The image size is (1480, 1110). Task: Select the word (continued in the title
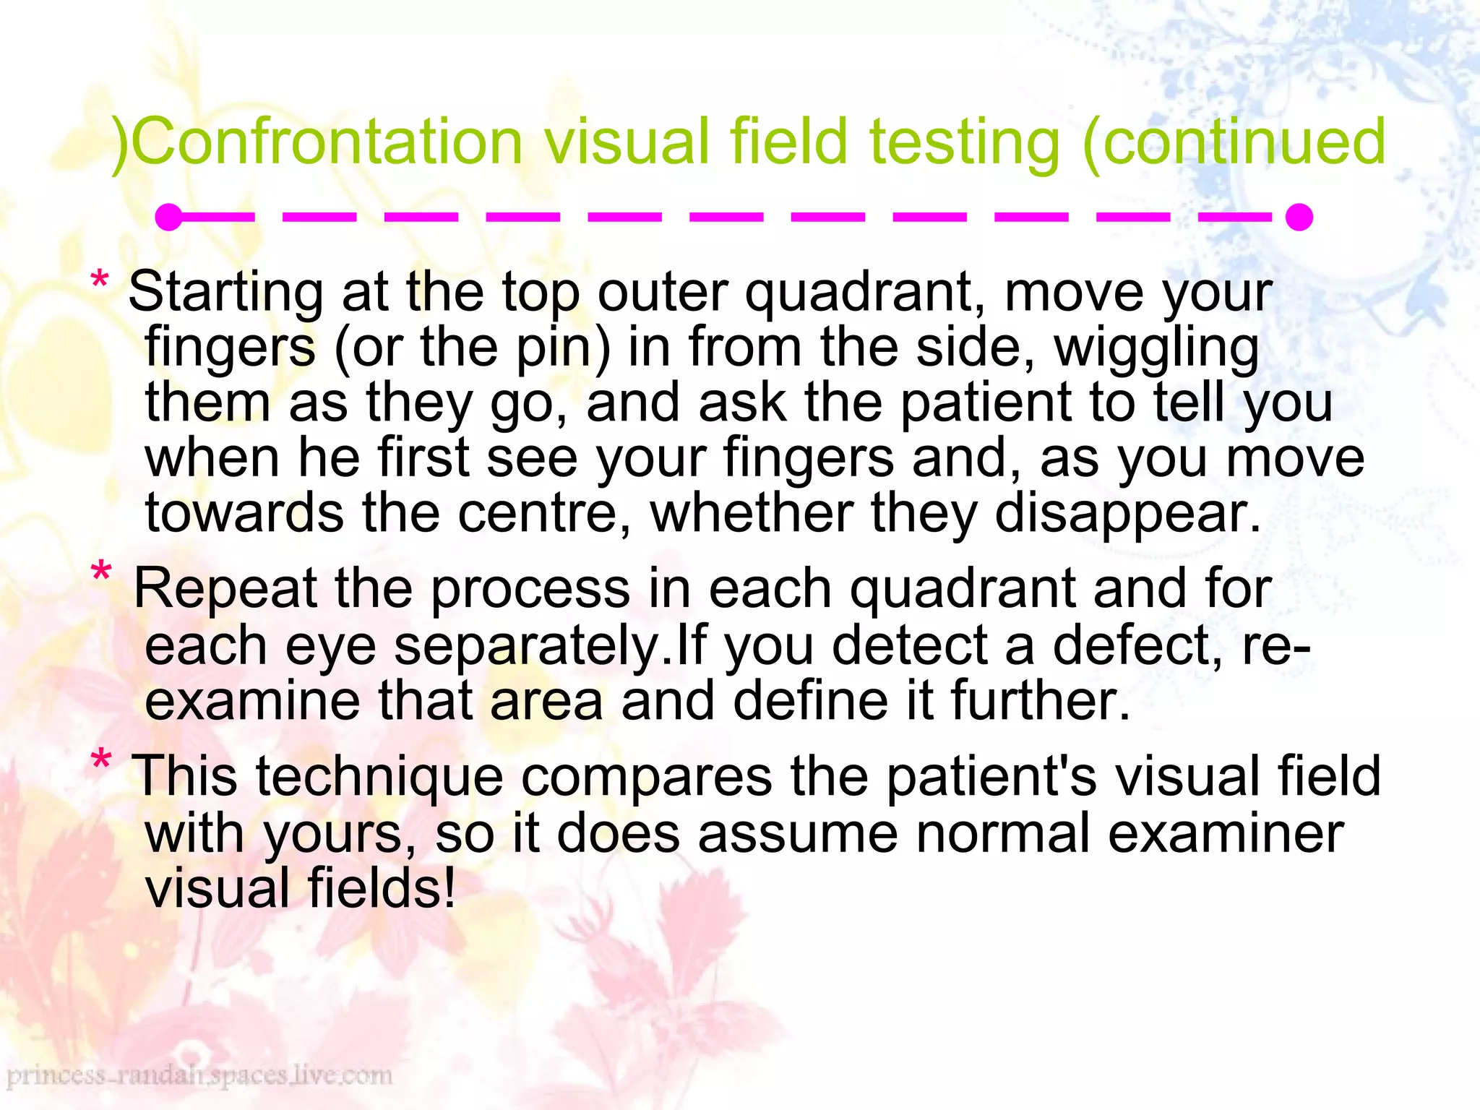point(1234,143)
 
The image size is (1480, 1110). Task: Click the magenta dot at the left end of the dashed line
point(169,217)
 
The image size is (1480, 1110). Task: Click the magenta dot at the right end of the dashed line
point(1299,217)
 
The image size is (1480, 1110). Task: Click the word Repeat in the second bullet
point(225,590)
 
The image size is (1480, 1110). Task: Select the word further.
point(1040,701)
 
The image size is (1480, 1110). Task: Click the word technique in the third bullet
point(379,778)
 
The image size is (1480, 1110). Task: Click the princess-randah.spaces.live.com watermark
point(199,1076)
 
